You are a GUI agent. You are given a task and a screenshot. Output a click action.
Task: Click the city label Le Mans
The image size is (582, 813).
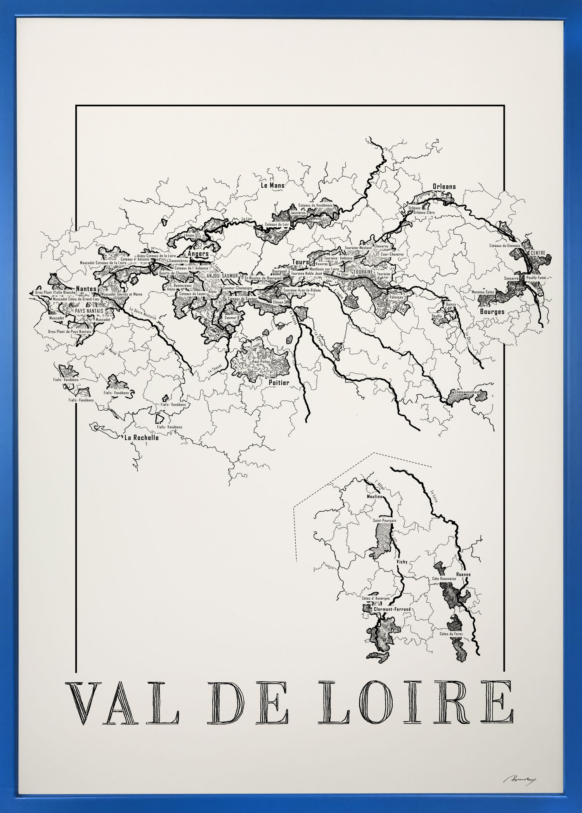point(272,185)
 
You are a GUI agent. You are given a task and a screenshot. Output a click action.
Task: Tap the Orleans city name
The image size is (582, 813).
point(444,187)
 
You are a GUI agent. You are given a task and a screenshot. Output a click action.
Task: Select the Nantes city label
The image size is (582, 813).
point(86,289)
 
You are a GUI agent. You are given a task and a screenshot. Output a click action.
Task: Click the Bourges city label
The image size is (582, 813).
point(492,311)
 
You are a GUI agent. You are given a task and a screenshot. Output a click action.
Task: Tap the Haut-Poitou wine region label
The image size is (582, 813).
point(261,361)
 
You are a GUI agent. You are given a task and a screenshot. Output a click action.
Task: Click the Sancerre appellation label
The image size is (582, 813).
point(511,278)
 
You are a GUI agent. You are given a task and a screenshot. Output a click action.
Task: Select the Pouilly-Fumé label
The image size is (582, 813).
point(536,278)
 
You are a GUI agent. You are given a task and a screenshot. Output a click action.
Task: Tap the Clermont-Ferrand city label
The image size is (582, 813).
point(392,609)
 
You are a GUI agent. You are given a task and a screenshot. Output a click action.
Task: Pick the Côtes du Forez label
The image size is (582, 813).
point(451,634)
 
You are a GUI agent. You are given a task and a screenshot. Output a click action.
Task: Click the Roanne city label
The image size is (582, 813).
point(463,574)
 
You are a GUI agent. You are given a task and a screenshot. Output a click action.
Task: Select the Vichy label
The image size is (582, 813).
point(402,562)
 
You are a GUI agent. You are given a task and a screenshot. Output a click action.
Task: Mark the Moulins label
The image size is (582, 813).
point(374,496)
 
